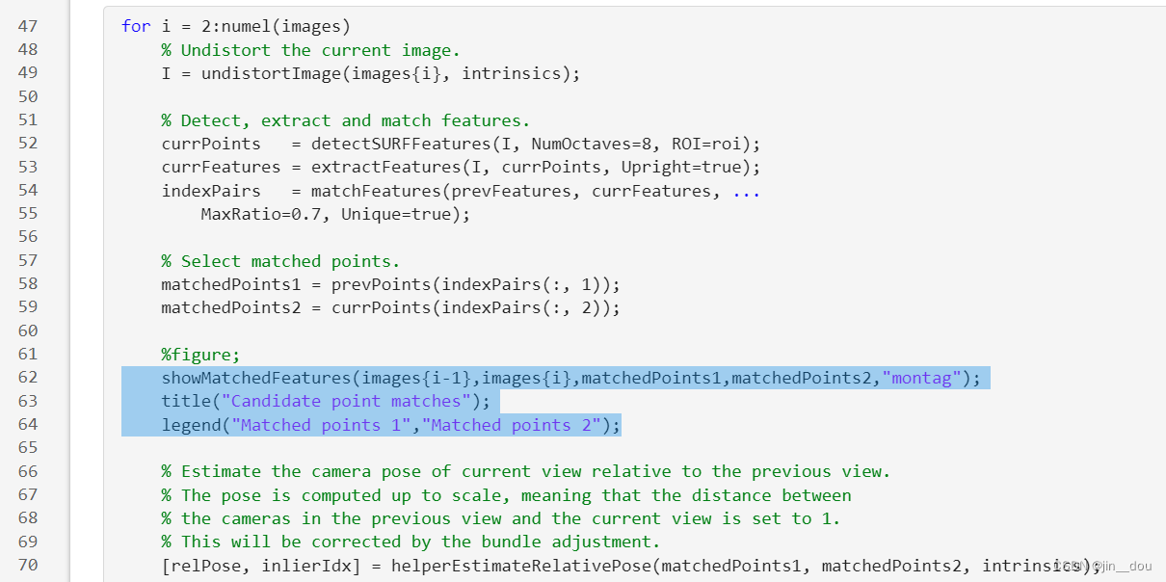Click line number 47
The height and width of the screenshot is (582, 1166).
(28, 26)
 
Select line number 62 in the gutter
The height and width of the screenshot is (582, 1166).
(28, 378)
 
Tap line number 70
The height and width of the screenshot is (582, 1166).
(28, 565)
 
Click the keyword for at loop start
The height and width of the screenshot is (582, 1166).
(136, 26)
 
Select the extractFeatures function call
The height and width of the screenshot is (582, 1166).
(370, 167)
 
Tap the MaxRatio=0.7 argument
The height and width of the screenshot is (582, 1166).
(260, 214)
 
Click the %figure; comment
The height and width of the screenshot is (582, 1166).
(200, 354)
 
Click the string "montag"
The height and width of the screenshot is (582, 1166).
(922, 378)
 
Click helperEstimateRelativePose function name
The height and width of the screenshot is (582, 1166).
(520, 565)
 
